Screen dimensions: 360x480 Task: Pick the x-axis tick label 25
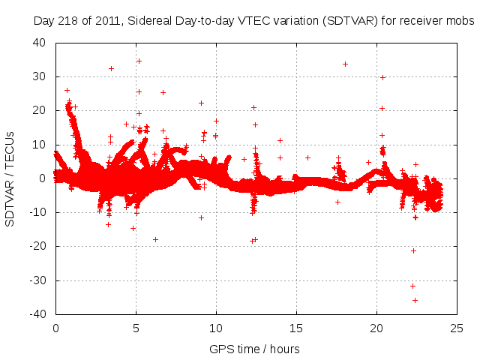(457, 328)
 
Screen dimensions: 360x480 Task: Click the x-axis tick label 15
(296, 328)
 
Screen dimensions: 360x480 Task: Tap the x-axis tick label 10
(216, 328)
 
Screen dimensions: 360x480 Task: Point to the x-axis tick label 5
(136, 328)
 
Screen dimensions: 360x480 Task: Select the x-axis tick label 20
(376, 328)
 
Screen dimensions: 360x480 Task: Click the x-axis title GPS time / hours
(256, 349)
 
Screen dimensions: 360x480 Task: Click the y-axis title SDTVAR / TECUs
(10, 178)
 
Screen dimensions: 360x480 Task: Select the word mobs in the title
(460, 22)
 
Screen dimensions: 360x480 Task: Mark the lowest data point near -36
(415, 300)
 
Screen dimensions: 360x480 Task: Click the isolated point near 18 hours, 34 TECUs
(345, 64)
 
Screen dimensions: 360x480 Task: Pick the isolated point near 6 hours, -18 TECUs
(155, 239)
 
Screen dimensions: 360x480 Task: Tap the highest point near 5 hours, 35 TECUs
(139, 61)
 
